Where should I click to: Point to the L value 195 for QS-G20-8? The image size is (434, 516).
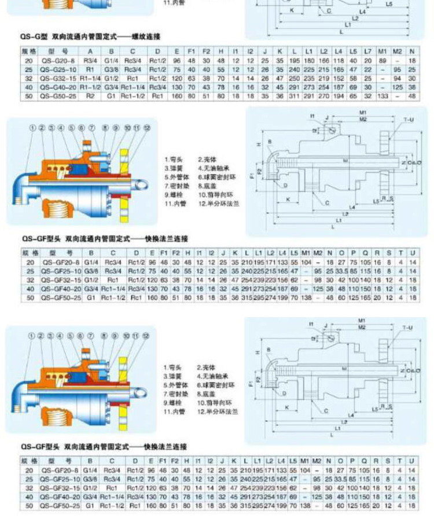tap(295, 60)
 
